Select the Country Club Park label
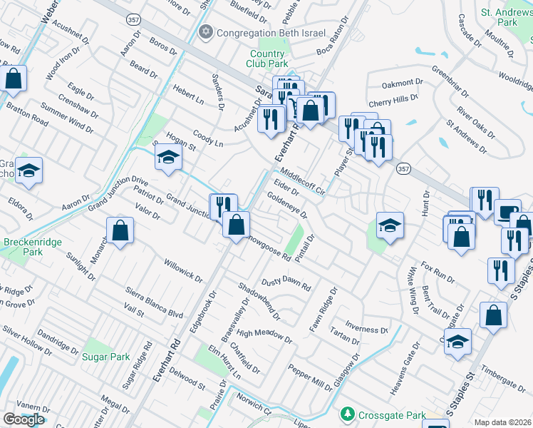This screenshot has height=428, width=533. pos(267,59)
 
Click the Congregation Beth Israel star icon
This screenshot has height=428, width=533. pos(207,32)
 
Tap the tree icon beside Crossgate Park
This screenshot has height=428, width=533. pos(347,414)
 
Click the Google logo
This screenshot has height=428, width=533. pos(24,419)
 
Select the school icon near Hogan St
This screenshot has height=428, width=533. pos(167,157)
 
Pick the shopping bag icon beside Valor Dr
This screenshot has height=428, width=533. pos(120,230)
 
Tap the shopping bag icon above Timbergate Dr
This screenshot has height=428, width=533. pos(493,315)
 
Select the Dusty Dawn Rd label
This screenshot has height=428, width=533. pos(286,284)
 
